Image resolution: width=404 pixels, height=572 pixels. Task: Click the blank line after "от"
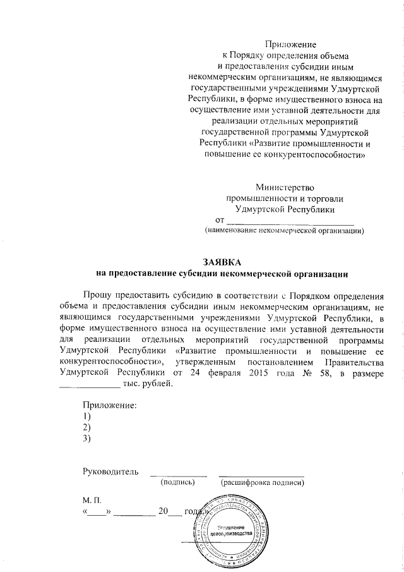pos(290,221)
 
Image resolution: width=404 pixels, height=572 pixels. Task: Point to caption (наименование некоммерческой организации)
pos(283,232)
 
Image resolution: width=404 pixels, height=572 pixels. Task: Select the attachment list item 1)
pos(86,417)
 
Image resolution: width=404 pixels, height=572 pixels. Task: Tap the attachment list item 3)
pos(86,439)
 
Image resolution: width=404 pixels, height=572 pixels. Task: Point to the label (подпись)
pos(177,483)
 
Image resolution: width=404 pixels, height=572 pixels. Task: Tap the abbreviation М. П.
pos(92,499)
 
